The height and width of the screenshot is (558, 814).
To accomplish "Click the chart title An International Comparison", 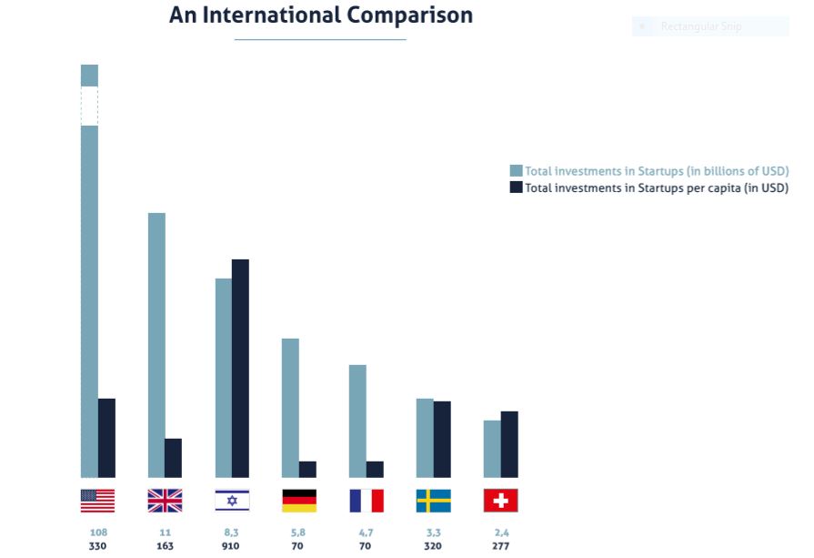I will point(320,15).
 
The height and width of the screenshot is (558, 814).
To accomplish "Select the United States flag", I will point(97,501).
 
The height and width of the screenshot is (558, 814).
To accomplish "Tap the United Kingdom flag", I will point(165,501).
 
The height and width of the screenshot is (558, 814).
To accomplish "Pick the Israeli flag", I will point(232,501).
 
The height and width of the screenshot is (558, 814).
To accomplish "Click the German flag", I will point(299,501).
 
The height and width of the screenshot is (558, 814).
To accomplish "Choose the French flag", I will point(367,501).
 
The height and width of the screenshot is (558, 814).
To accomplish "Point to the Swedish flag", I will point(434,501).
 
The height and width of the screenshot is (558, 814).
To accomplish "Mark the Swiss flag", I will point(501,501).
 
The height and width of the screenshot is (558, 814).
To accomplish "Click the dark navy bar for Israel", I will point(240,368).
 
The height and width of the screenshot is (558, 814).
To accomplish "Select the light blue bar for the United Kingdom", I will point(156,345).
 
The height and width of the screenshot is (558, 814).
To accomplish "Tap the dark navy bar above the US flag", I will point(106,438).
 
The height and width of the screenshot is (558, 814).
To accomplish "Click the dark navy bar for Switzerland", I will point(509,444).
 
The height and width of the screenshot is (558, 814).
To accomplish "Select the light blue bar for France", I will point(357,421).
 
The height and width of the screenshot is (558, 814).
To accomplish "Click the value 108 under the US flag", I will point(97,532).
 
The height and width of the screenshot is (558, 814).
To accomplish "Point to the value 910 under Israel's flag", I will point(232,546).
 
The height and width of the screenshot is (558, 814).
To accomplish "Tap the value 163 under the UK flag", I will point(165,546).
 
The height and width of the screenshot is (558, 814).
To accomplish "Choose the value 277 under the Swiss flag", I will point(501,546).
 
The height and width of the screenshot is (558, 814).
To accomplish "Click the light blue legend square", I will point(516,171).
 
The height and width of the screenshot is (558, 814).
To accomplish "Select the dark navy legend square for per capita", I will point(516,188).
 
